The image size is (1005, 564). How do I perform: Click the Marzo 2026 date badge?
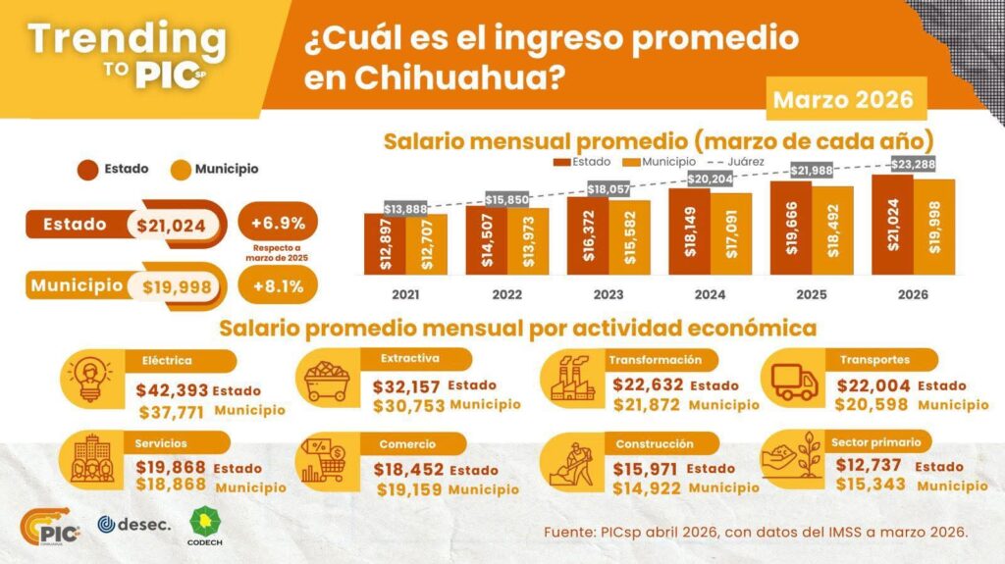[x=843, y=99]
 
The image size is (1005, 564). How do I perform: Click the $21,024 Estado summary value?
[x=172, y=226]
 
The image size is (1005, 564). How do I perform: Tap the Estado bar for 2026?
[x=892, y=228]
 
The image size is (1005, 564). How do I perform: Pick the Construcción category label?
[x=655, y=443]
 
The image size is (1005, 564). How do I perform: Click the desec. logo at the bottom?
[x=134, y=525]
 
